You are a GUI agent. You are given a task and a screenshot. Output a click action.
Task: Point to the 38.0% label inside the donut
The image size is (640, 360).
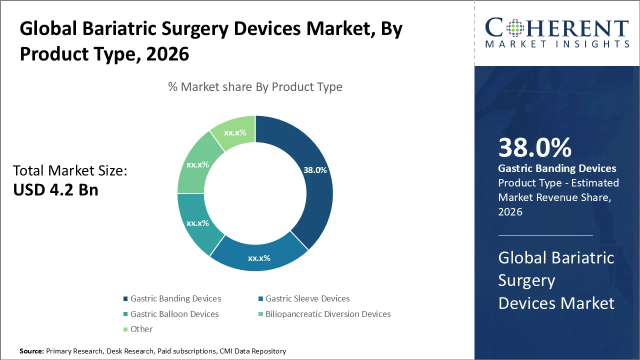[314, 170]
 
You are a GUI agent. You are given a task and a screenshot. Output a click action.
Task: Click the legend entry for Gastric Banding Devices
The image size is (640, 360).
[175, 298]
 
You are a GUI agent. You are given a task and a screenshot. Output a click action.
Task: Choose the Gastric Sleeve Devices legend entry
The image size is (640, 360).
[307, 298]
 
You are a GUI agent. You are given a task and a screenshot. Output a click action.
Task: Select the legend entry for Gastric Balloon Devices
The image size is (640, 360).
[174, 314]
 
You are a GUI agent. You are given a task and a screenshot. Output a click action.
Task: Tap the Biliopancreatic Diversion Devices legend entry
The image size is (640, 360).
[328, 314]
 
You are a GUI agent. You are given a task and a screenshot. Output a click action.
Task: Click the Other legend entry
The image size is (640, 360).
[141, 329]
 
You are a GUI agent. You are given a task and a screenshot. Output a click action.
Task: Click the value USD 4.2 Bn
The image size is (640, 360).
[55, 190]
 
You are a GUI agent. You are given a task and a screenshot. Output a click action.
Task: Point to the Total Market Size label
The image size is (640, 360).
[70, 171]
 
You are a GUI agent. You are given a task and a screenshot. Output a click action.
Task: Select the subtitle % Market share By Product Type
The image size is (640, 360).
[255, 87]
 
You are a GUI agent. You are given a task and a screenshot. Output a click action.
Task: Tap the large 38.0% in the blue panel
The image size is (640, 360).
[534, 148]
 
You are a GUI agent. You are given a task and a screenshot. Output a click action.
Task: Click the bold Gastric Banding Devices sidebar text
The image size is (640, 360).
[557, 168]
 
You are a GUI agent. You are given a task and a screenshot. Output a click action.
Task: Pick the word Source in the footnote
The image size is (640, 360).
[31, 351]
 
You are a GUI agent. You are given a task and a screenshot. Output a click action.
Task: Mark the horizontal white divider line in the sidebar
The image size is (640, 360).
[545, 235]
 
